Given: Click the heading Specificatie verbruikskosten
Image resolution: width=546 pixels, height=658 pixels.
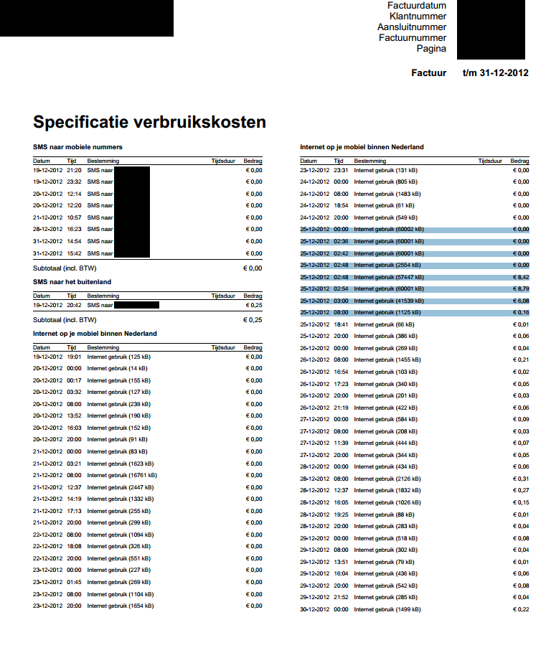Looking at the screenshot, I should coord(149,122).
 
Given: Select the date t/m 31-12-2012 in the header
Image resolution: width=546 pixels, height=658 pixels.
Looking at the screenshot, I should coord(496,72).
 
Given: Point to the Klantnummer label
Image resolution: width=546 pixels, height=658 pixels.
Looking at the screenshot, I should coord(418,17).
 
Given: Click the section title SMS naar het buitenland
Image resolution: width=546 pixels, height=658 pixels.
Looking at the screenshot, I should coord(72,282).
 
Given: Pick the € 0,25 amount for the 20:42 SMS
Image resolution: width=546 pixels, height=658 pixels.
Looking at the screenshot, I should coord(253,305).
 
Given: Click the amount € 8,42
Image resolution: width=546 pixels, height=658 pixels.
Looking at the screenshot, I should coord(519,277).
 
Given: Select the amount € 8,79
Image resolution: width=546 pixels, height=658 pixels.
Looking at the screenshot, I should coord(519,288).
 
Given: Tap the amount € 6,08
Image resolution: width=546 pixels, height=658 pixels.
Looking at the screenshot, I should coord(519,301).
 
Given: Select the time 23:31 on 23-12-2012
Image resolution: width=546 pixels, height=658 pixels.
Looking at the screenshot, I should coord(341,170).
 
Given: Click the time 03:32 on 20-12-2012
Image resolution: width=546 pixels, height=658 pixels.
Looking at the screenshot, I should coord(74,392).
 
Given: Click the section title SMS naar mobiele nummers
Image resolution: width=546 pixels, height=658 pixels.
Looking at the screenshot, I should coord(77,147).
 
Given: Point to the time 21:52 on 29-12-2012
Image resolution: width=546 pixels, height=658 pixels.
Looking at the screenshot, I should coord(341,597).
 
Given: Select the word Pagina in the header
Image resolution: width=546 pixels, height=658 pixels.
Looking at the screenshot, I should coord(431,49).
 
